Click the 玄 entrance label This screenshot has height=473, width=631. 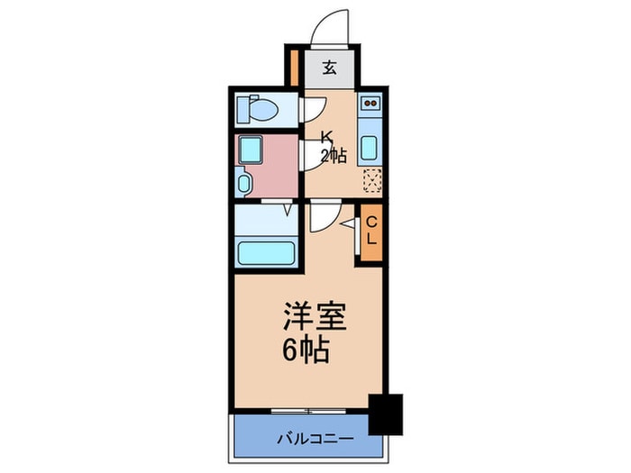tap(330, 68)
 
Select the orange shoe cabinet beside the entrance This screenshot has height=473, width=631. tap(294, 68)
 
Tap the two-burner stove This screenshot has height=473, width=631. tap(370, 104)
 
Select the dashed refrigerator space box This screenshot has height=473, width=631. tap(372, 180)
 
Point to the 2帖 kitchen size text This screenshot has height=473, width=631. tap(334, 155)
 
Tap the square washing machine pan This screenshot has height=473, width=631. tap(251, 150)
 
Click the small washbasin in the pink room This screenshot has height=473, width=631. tap(243, 184)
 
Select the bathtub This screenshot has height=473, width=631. tap(266, 253)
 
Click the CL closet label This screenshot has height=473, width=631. tap(371, 231)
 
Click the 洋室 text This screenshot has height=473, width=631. tap(315, 316)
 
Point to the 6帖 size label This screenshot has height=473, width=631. tap(306, 349)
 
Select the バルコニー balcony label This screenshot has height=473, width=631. tap(315, 438)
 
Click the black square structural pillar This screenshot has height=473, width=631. tap(386, 414)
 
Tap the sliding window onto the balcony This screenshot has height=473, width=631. tap(308, 411)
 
